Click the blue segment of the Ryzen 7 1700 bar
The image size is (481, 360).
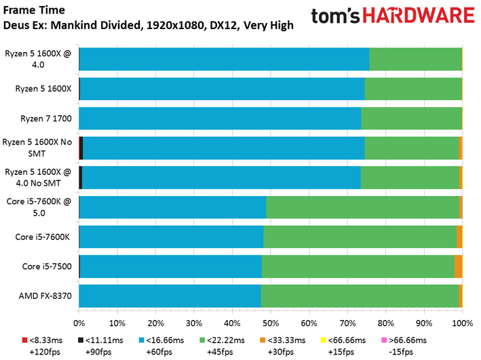[220, 119]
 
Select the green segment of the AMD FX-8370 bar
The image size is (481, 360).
[360, 296]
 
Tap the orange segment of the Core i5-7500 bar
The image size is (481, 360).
[459, 266]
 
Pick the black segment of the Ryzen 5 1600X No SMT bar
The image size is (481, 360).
[81, 148]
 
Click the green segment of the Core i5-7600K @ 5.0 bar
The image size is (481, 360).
[363, 207]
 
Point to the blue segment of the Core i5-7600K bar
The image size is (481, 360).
[171, 237]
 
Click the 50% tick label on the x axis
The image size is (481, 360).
[270, 323]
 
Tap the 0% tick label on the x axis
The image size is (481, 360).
[79, 323]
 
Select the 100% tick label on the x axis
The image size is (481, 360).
[463, 323]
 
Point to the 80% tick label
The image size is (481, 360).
[385, 323]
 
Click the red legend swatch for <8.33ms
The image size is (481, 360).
[24, 340]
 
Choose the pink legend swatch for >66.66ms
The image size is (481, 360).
[384, 340]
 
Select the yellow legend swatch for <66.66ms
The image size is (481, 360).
[323, 340]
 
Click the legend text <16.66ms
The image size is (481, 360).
[165, 340]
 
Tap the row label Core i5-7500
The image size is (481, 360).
[47, 266]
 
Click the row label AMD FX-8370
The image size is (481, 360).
[45, 296]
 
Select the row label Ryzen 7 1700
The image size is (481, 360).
[46, 119]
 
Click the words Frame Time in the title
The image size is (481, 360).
[34, 10]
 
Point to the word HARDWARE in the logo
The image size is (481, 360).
[419, 16]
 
